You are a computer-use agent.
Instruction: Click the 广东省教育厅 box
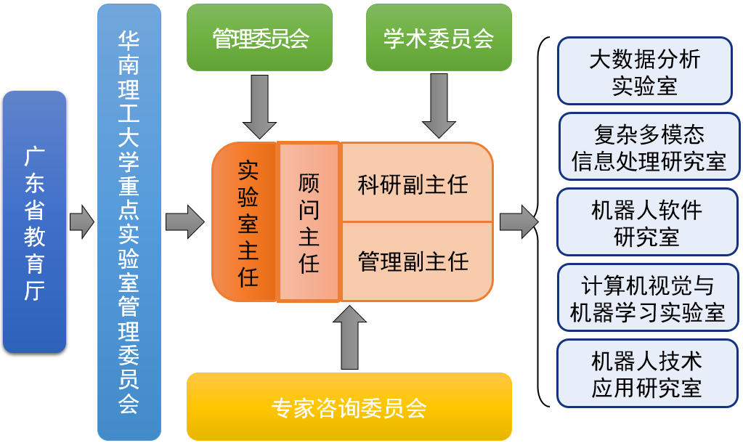[x=34, y=221]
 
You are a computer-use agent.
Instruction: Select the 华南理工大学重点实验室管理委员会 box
[x=129, y=221]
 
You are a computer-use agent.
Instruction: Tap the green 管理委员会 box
[x=259, y=38]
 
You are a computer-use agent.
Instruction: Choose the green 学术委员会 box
[x=439, y=38]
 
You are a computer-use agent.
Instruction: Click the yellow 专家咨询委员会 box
[x=349, y=407]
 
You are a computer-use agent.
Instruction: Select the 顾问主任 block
[x=309, y=222]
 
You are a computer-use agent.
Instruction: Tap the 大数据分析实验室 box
[x=645, y=71]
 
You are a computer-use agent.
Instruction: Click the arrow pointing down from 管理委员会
[x=259, y=105]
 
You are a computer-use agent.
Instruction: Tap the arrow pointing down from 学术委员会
[x=439, y=105]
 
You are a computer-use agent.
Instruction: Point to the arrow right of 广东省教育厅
[x=81, y=221]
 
